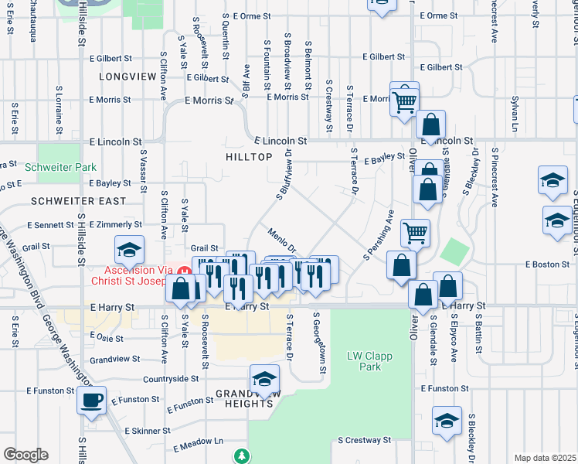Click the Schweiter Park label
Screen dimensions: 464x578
[60, 167]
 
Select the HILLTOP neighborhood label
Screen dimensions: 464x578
[249, 157]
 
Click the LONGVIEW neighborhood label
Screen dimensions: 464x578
[123, 77]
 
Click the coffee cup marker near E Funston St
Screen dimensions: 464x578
[92, 401]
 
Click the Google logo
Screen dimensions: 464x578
[25, 455]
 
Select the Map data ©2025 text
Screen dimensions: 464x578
[545, 458]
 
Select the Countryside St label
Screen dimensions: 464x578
[171, 379]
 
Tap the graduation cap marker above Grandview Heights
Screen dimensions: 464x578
[264, 379]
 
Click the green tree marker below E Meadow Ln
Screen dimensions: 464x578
[243, 455]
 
